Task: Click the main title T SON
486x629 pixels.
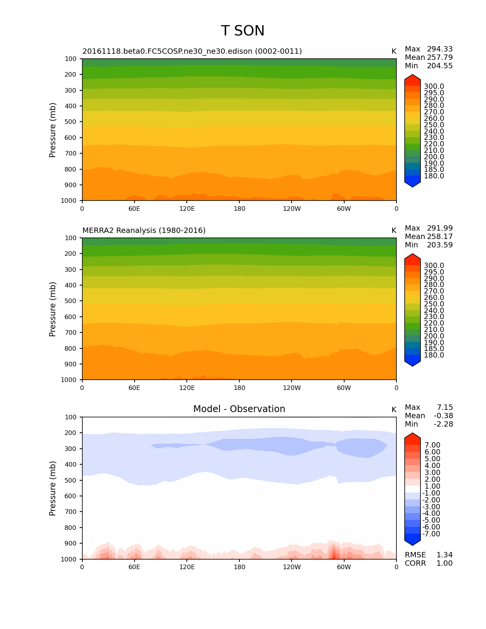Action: pos(242,31)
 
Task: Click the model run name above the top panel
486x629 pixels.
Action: pos(192,51)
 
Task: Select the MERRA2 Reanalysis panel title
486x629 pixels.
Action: pos(144,231)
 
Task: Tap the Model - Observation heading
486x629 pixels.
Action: pos(239,409)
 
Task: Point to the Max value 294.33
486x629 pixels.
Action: pos(439,49)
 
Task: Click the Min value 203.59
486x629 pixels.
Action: pos(439,245)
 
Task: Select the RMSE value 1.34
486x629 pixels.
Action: pos(444,555)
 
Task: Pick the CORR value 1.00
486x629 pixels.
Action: pos(444,563)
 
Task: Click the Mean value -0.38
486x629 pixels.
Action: pos(443,416)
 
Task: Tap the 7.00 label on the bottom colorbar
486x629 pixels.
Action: pos(432,445)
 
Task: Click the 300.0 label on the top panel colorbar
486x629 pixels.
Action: pos(434,87)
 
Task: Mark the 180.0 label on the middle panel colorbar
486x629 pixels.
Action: pos(434,355)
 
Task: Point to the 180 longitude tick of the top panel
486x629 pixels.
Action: pos(239,209)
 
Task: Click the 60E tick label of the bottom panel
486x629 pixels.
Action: pos(134,567)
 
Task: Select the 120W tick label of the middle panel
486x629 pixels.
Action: pos(292,388)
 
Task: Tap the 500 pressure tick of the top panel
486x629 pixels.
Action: pos(71,122)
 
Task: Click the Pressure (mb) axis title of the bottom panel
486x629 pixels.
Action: pos(53,488)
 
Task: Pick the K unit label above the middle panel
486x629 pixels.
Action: pos(394,231)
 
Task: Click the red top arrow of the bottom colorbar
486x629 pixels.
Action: pos(412,437)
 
